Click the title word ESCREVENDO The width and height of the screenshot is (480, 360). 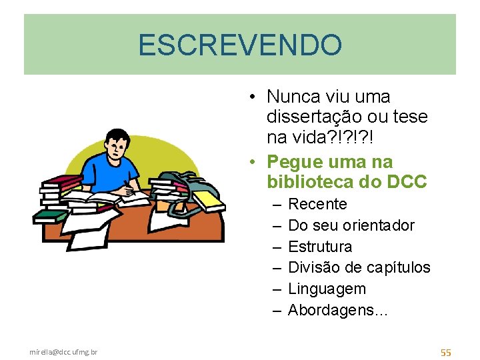[240, 45]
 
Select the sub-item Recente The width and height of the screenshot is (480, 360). [317, 204]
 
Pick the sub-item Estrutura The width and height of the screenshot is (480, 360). [320, 247]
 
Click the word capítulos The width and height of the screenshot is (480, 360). [398, 268]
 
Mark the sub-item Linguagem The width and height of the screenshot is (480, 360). [327, 289]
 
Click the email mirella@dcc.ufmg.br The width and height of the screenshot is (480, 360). [63, 351]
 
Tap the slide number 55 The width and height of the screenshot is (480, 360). [445, 352]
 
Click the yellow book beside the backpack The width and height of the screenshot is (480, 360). [209, 199]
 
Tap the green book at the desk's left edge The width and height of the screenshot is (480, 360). [50, 216]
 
